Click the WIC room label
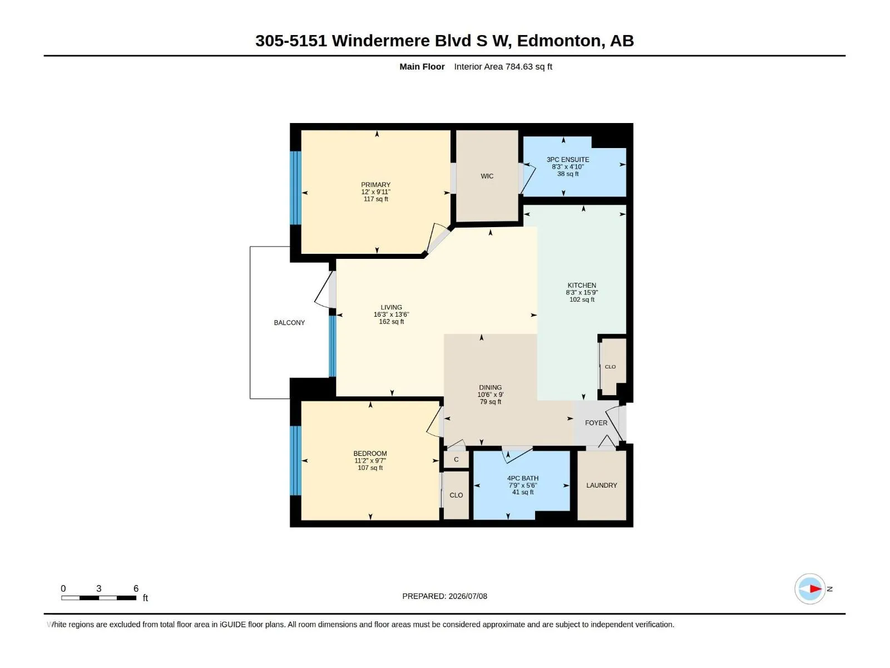[487, 176]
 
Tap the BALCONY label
[289, 323]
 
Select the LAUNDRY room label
[601, 485]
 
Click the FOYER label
[596, 423]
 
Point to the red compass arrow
[815, 588]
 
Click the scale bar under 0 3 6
[98, 598]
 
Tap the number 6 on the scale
[136, 588]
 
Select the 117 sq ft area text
[375, 199]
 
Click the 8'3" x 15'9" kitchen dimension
[582, 292]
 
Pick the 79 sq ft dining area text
[490, 402]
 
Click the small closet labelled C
[456, 460]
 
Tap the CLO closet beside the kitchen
[613, 367]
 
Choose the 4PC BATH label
[523, 478]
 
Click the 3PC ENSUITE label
[568, 160]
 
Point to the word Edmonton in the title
[558, 41]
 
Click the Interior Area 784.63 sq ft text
[503, 67]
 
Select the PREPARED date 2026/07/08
[467, 596]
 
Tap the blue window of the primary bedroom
[295, 188]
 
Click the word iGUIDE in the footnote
[233, 625]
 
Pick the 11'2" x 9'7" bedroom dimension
[370, 461]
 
